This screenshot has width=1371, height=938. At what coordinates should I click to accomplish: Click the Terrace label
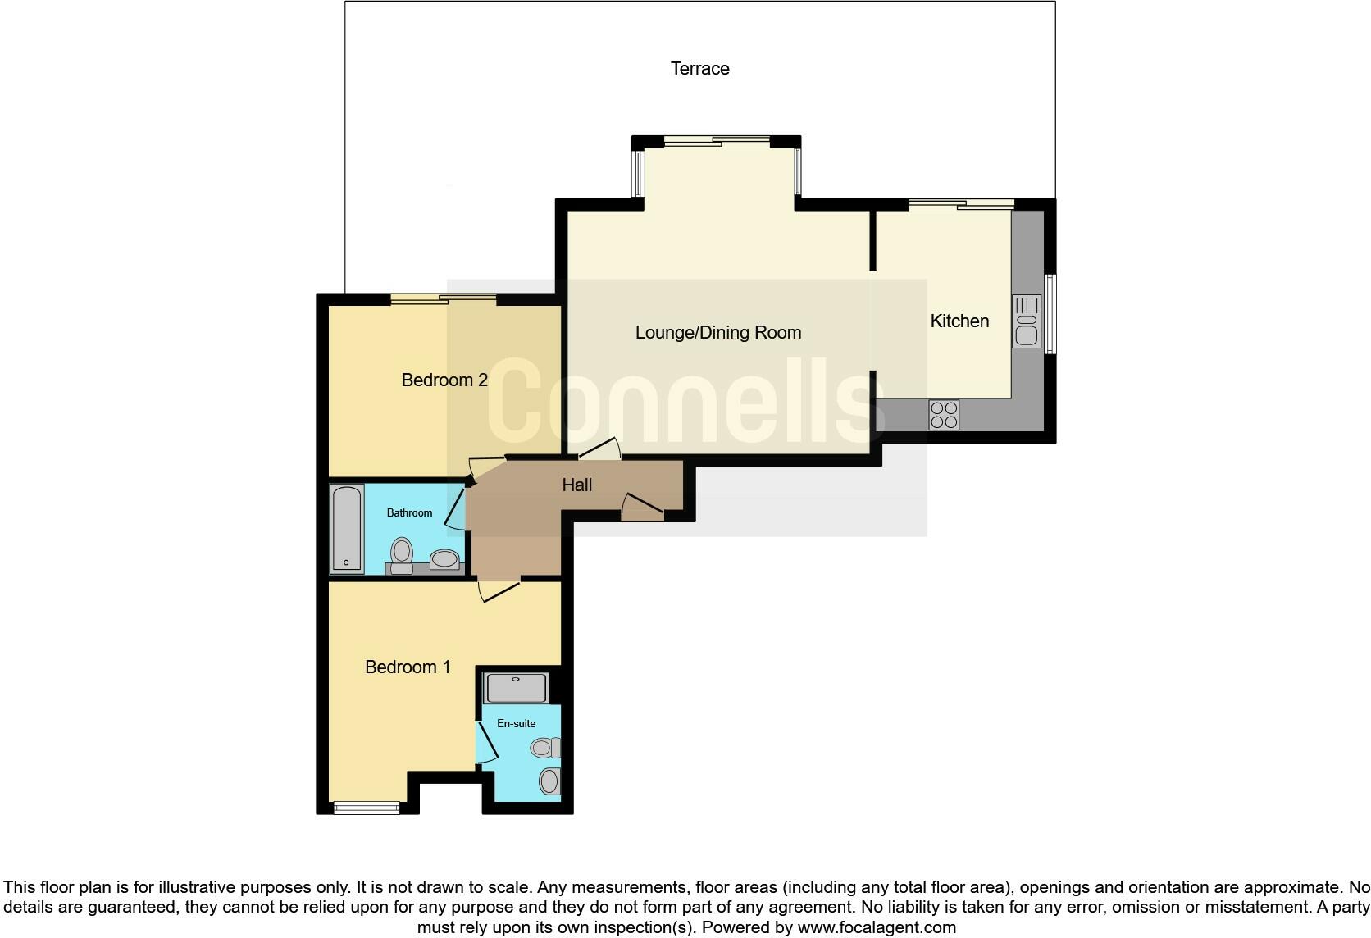699,69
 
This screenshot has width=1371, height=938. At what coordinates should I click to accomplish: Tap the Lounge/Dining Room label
717,333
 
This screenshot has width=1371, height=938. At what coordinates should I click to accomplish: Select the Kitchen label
959,321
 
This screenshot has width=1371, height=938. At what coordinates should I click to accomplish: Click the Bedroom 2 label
444,380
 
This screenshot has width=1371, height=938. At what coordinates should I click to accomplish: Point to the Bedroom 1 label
408,667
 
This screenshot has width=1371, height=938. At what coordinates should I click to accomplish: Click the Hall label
576,485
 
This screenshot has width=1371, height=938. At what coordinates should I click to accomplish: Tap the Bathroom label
409,513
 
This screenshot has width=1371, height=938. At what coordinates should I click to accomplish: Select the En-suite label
516,723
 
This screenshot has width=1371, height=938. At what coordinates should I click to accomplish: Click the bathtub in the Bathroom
347,529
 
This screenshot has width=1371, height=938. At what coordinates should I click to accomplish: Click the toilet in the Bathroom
402,553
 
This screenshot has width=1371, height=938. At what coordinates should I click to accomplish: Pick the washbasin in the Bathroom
445,559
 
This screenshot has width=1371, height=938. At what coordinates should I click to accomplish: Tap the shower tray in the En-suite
517,687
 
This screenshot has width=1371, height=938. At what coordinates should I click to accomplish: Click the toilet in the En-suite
544,748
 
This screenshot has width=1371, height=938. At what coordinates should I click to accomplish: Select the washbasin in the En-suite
549,781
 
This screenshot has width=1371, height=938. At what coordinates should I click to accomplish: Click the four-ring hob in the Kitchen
944,414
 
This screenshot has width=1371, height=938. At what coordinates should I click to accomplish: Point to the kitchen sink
1027,321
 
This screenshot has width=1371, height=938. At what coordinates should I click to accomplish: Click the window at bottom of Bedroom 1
367,808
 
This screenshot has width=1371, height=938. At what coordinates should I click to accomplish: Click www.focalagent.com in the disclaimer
876,928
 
